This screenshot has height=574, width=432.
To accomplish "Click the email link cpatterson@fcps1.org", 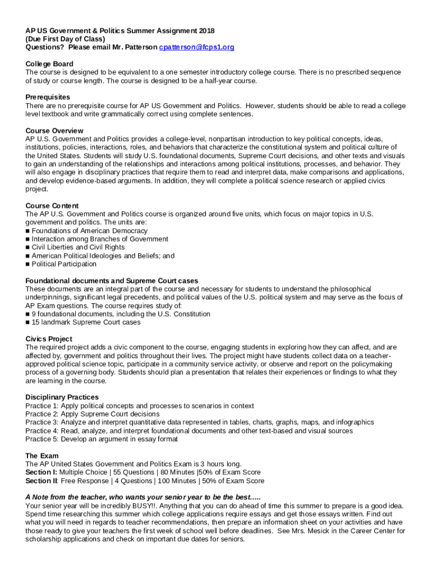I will coord(196,47).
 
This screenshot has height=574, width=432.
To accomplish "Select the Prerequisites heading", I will coord(48,97).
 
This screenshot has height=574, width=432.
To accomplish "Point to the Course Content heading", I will coord(52,206).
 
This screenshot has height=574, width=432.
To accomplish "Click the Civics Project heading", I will coord(49,339).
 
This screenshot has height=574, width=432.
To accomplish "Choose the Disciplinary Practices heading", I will coord(62,397).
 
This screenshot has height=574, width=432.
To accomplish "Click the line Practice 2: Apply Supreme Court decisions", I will coord(92,414).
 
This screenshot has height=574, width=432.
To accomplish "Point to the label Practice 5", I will coord(42,439).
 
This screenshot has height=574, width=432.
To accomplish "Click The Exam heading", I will coord(42,456).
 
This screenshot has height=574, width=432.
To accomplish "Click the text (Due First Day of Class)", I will coord(65,39).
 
